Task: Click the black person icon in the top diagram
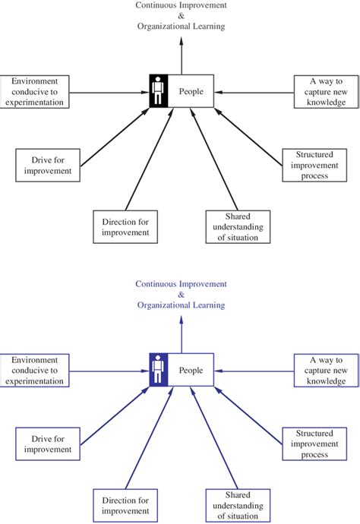tap(158, 92)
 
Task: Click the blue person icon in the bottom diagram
tap(158, 371)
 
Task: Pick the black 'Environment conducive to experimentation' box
tap(35, 91)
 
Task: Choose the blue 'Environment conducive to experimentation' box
tap(35, 371)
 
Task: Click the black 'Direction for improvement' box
tap(126, 227)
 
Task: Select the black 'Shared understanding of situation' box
tap(237, 227)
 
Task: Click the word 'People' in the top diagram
tap(191, 92)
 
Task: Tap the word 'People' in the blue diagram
tap(191, 371)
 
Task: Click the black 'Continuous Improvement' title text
tap(181, 5)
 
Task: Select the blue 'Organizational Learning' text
tap(181, 305)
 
